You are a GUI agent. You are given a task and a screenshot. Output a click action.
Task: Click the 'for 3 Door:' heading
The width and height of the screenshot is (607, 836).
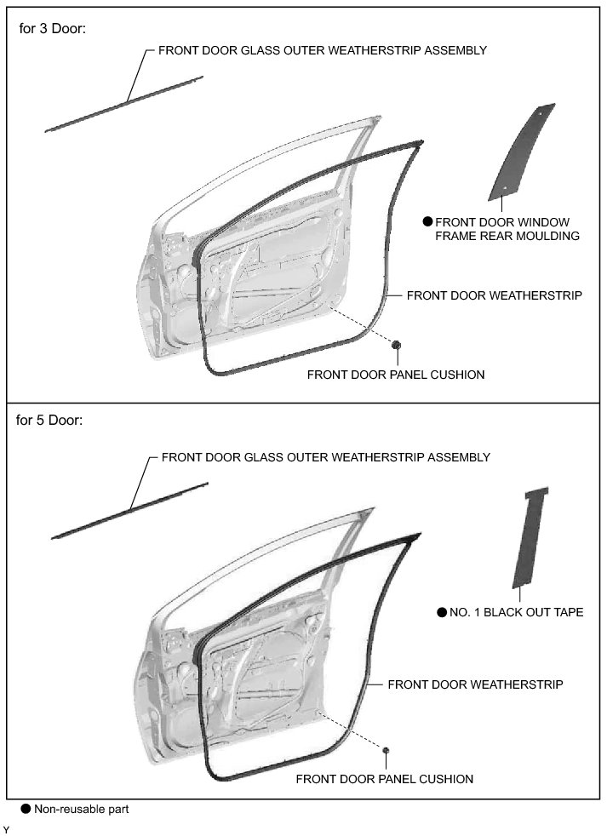click(52, 28)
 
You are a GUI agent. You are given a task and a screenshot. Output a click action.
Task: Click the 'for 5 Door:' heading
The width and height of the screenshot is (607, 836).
click(52, 420)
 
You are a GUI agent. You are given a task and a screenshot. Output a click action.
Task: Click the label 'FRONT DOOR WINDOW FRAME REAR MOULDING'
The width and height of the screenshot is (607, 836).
click(507, 229)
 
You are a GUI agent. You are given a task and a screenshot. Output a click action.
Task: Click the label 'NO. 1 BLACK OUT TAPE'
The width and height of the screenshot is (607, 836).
click(516, 612)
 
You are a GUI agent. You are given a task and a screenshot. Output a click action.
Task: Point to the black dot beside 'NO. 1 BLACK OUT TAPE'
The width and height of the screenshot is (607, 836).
click(441, 612)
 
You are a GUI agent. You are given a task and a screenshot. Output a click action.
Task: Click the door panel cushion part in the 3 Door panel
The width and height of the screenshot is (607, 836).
click(396, 344)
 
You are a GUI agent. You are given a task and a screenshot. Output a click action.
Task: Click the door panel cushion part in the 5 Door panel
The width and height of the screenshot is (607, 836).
click(386, 749)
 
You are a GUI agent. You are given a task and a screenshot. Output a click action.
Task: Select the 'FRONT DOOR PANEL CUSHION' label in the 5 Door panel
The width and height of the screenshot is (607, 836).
click(384, 778)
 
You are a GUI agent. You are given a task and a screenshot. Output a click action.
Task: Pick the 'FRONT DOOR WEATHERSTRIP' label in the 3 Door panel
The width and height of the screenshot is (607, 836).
click(494, 295)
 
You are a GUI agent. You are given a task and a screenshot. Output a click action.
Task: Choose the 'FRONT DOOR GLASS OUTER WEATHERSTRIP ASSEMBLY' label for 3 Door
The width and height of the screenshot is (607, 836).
click(323, 50)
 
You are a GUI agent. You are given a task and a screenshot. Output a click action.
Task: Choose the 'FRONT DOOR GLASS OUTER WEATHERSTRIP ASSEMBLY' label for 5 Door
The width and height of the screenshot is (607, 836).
click(325, 457)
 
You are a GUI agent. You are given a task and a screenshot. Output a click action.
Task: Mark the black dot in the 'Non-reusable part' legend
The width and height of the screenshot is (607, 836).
click(26, 809)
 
